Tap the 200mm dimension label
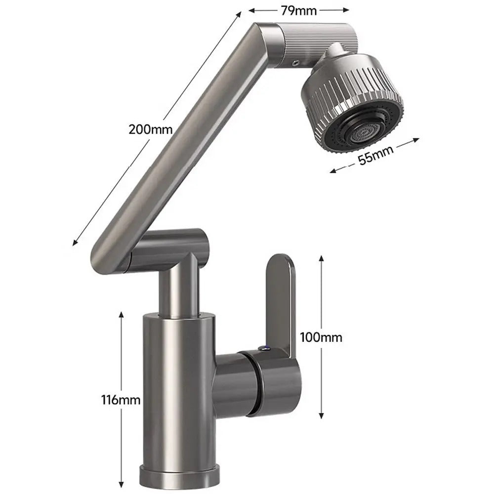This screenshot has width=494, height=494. [x=150, y=130]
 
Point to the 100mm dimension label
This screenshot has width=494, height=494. [x=321, y=337]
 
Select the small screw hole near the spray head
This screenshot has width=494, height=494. [x=295, y=62]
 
